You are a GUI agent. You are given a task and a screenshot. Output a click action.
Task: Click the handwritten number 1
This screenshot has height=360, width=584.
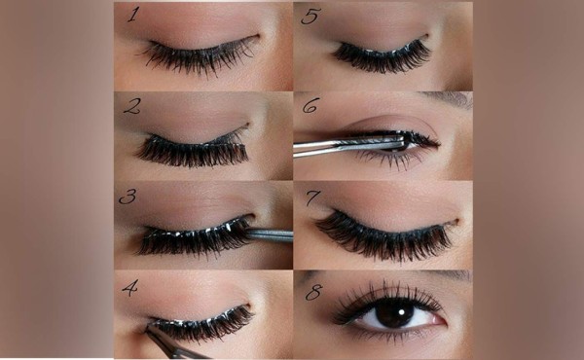click(x=133, y=15)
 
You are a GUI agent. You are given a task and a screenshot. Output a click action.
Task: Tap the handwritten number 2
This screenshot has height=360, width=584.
click(x=131, y=106)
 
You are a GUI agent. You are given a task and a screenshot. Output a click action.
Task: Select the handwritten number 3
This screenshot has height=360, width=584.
click(x=128, y=197)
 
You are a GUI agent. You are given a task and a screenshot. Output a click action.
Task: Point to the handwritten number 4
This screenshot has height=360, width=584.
click(x=129, y=288)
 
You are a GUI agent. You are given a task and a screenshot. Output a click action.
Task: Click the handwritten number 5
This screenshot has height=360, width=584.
click(x=310, y=16)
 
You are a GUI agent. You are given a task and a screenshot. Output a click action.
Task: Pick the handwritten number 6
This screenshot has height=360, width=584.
click(x=311, y=105)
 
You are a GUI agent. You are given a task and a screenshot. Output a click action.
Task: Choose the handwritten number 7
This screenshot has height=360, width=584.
click(x=312, y=198)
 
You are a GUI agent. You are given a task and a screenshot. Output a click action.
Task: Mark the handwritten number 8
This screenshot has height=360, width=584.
click(x=314, y=292)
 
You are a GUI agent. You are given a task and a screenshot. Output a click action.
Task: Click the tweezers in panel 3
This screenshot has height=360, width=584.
click(x=269, y=235)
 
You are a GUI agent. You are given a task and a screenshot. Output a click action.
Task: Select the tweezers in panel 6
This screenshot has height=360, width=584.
click(x=350, y=145)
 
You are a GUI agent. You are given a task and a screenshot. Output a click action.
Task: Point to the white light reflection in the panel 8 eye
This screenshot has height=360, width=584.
click(x=402, y=310)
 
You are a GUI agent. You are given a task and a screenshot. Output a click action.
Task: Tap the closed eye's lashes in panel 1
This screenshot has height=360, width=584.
click(x=200, y=55)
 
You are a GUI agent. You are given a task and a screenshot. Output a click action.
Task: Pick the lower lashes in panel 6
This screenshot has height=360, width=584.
click(x=387, y=160)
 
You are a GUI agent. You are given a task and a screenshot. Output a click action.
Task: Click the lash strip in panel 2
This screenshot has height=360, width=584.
click(x=193, y=149)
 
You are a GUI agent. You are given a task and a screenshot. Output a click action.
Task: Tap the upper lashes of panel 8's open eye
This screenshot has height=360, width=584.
click(x=387, y=298)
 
